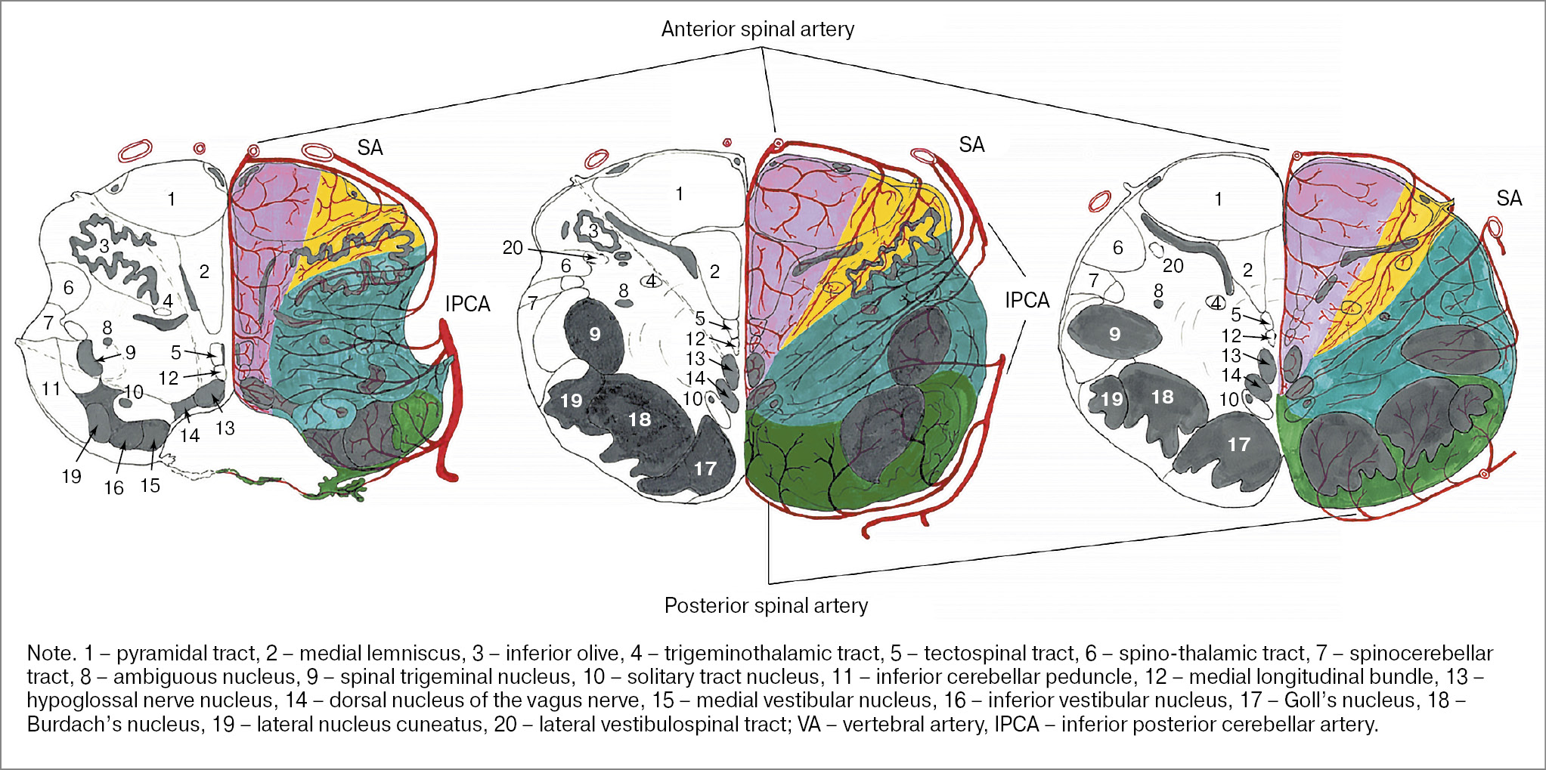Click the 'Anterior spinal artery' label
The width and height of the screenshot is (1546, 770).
tap(758, 29)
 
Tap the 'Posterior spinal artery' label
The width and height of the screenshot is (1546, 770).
tap(766, 606)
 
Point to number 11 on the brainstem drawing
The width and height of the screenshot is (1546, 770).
tap(51, 389)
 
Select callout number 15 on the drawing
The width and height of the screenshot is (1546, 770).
tap(150, 486)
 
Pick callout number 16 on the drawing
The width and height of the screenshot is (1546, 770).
tap(114, 488)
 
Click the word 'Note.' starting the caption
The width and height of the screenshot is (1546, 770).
tap(51, 654)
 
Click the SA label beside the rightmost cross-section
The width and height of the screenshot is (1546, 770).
tap(1509, 199)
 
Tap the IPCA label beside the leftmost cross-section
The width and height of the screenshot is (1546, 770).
tap(467, 305)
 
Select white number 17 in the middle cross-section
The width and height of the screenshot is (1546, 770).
tap(705, 468)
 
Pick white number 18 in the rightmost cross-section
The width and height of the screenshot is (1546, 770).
tap(1162, 397)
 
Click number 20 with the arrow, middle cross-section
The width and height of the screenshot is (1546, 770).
tap(513, 248)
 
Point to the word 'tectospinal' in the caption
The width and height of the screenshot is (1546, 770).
tap(971, 654)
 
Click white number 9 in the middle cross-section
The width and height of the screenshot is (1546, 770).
tap(595, 334)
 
